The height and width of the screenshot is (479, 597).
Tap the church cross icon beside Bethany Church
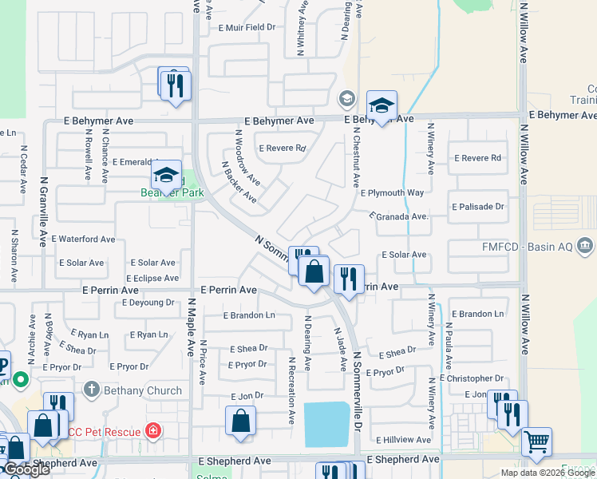[92, 390]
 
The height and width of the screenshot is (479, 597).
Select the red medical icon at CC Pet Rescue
[153, 431]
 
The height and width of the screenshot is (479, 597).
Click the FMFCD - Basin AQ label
[526, 247]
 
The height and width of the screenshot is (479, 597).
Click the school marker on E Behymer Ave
[382, 105]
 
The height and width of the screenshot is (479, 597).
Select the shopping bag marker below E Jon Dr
[240, 421]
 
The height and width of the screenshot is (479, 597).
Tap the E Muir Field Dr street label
[247, 27]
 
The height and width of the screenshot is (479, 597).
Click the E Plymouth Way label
[392, 193]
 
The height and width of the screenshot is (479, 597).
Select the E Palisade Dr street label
[478, 207]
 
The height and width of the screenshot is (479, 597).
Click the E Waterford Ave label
[83, 239]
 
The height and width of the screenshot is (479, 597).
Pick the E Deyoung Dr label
[148, 303]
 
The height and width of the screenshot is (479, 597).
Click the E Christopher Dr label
[472, 378]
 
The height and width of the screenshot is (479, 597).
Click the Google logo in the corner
[26, 470]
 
